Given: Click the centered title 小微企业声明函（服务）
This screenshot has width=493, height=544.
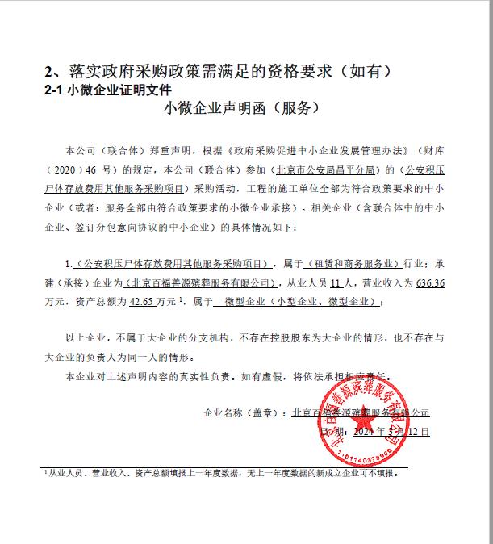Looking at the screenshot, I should pos(241,107).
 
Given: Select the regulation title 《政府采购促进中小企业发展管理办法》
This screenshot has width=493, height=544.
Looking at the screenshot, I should pos(324,152).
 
